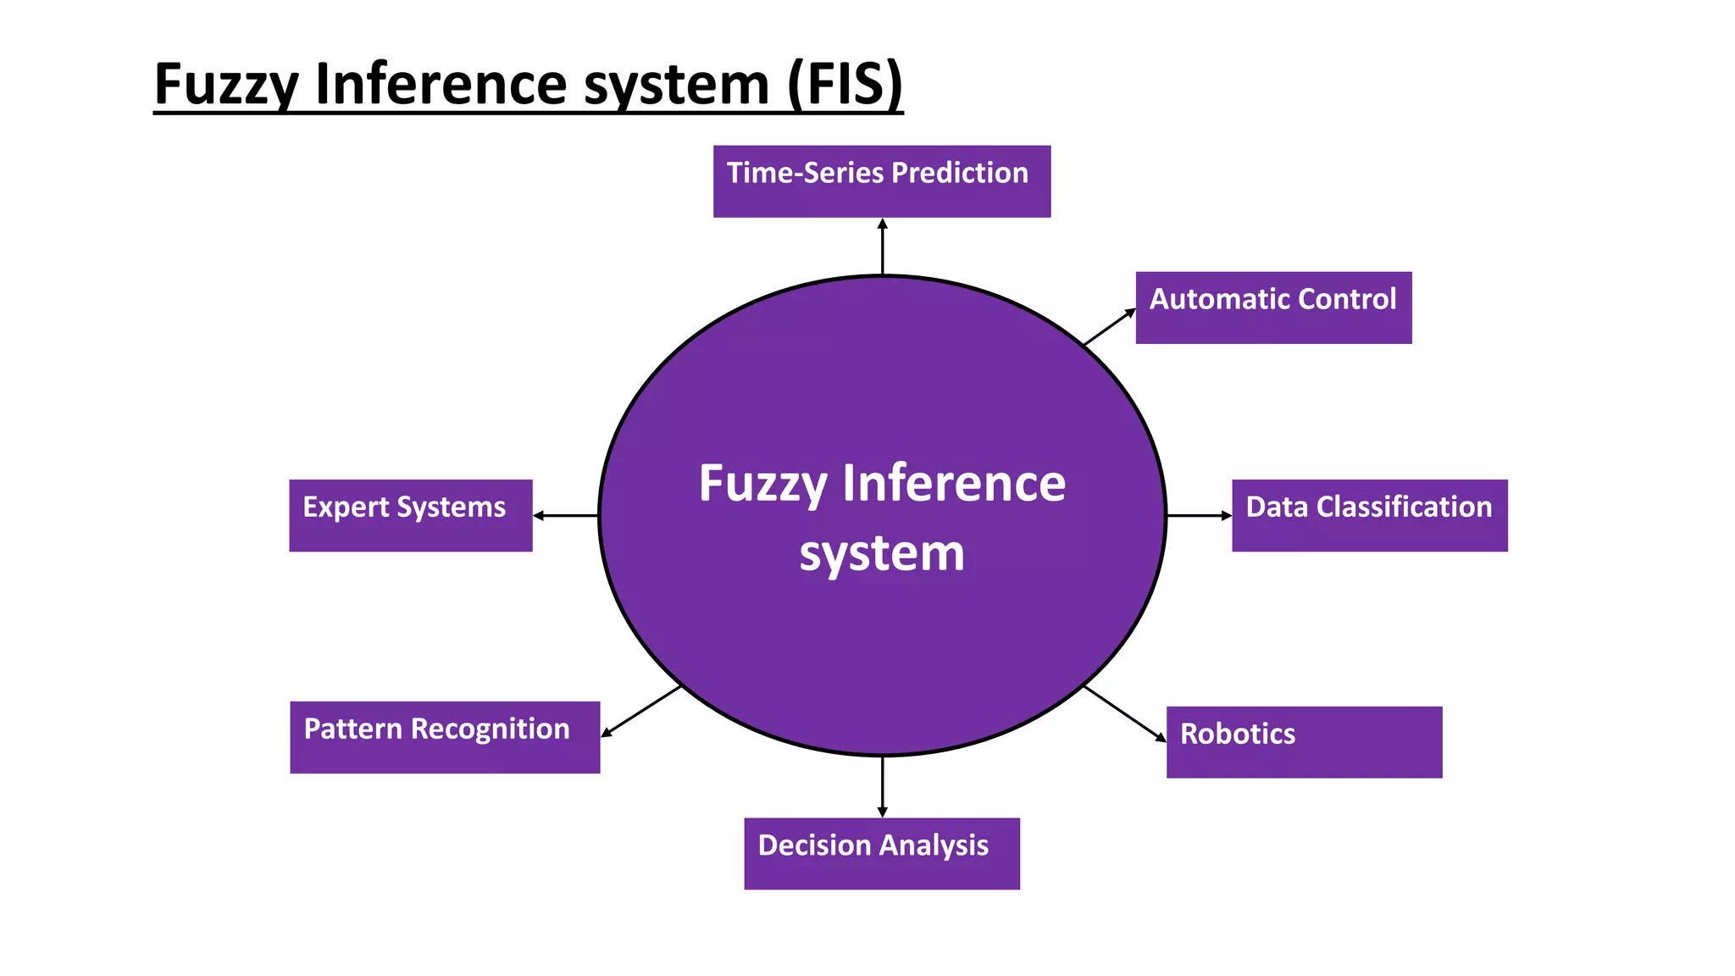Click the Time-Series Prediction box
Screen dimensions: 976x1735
click(881, 181)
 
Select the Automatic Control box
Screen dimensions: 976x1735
click(1272, 308)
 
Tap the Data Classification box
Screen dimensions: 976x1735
click(1369, 515)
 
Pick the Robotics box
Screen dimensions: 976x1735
click(1303, 742)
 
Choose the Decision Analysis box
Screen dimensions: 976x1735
click(881, 853)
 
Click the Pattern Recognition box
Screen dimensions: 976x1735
click(444, 737)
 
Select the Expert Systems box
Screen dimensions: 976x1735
click(410, 515)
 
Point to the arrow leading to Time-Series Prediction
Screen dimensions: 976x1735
click(882, 247)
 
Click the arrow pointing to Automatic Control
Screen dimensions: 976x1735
click(1109, 327)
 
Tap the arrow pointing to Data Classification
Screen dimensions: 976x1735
click(1199, 515)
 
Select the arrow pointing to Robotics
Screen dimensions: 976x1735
click(1125, 713)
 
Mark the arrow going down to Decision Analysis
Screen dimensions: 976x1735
click(882, 786)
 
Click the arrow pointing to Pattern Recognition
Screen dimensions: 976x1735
click(641, 711)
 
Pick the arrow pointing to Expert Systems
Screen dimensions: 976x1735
click(565, 515)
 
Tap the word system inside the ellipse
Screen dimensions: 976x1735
click(881, 554)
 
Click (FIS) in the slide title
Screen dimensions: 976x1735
click(844, 84)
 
